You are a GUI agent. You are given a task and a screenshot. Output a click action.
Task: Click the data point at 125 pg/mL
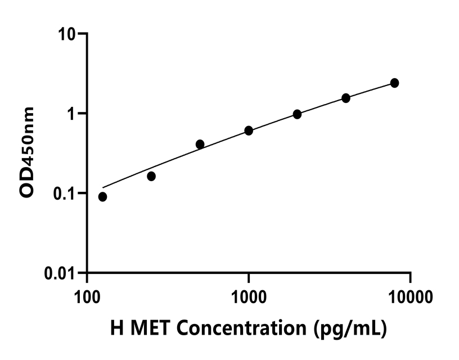(x=102, y=197)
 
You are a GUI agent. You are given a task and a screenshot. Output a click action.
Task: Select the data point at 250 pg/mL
(x=151, y=176)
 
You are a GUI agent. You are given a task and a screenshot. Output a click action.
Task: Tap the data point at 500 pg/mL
(x=200, y=144)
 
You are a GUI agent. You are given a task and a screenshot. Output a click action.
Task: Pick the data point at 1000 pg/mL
(x=249, y=130)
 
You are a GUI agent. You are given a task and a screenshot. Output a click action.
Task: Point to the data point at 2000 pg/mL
(x=297, y=114)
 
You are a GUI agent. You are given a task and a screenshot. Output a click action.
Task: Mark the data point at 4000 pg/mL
(x=346, y=98)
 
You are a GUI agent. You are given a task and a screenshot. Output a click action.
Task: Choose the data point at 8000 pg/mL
(x=394, y=83)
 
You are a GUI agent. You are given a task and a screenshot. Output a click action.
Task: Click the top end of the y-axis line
(x=87, y=34)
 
